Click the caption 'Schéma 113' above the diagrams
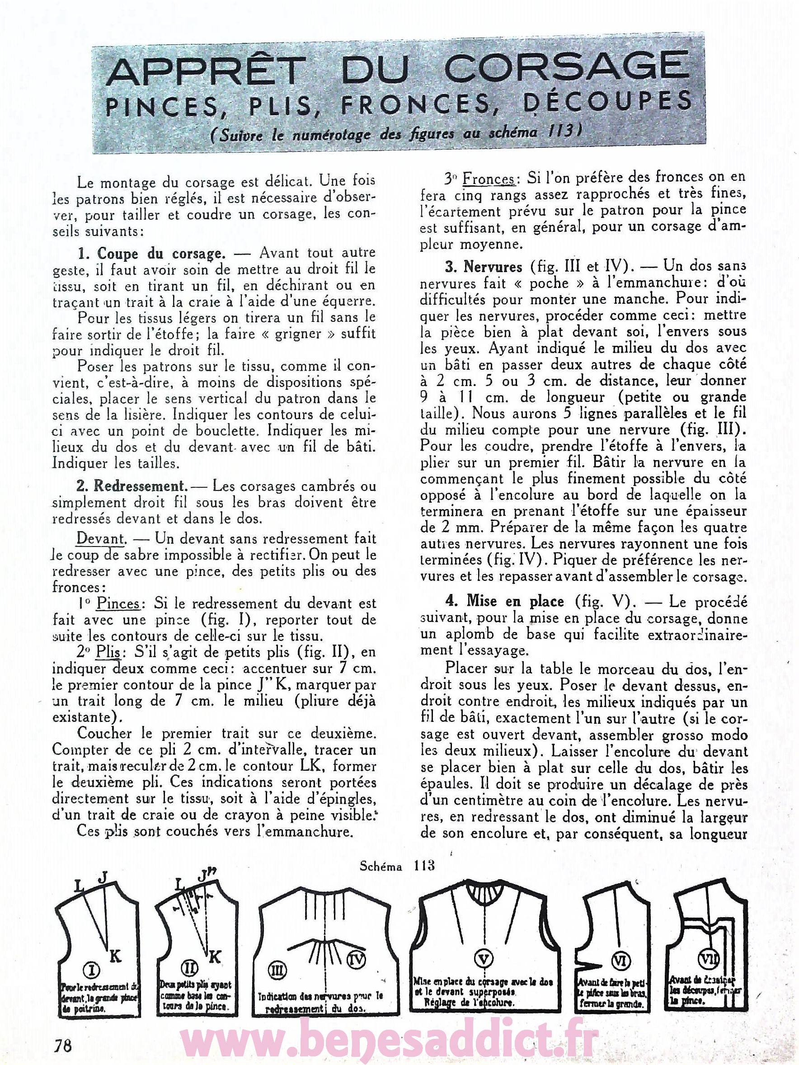click(398, 865)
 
